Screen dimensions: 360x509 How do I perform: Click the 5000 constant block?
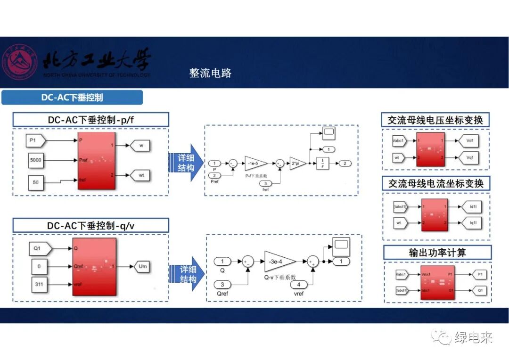[x=36, y=160]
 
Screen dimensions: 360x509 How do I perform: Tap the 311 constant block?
[x=39, y=285]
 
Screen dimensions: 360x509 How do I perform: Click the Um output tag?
[x=143, y=266]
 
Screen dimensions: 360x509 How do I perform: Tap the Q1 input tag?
[x=39, y=247]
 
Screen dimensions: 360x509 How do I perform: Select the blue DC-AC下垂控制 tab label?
[x=72, y=98]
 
